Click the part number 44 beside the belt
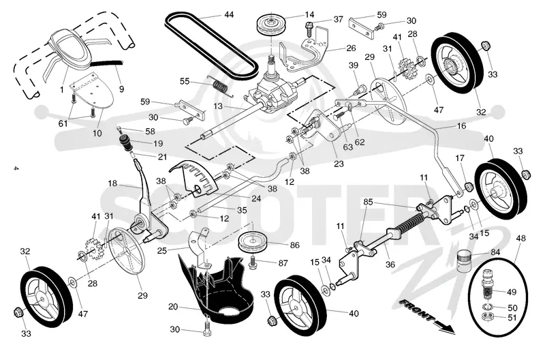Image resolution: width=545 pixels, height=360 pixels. point(229,14)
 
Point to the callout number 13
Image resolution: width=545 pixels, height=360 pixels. point(218,106)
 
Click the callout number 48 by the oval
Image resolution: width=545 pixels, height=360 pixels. point(520,239)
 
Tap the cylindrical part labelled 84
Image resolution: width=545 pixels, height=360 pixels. point(464,261)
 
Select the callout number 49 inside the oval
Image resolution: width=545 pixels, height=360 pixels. point(512,292)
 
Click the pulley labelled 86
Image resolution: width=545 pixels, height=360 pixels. point(253,243)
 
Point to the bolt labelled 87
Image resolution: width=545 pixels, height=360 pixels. point(253,262)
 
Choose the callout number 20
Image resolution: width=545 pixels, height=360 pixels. point(173,307)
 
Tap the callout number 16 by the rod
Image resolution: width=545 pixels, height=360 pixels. point(461,125)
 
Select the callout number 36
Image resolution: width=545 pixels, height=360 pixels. point(390,265)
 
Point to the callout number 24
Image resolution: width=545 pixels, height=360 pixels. point(256,198)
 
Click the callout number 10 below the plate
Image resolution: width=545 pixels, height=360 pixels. point(97,133)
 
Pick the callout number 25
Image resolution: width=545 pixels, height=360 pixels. point(162,250)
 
